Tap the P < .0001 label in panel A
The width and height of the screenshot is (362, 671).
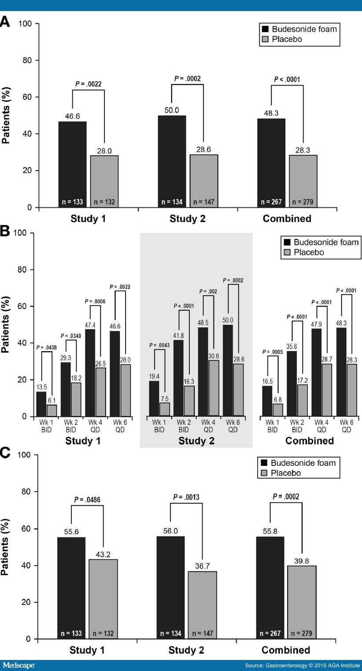click(287, 79)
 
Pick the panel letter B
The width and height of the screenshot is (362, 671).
click(5, 232)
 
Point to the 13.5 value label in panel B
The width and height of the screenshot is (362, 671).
click(41, 388)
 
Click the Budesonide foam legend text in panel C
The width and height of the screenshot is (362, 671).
click(303, 463)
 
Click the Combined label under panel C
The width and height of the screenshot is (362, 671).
click(286, 650)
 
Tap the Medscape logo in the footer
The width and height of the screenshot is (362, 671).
click(18, 665)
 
